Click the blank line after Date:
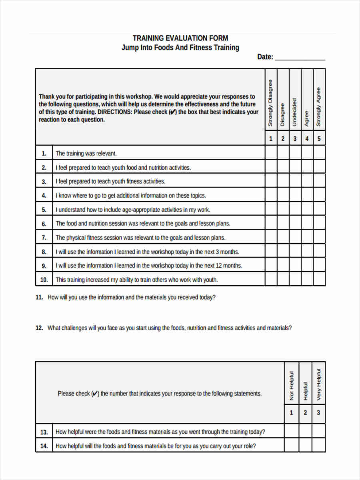[x=300, y=58]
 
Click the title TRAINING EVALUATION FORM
[x=180, y=38]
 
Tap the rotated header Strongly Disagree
[x=270, y=103]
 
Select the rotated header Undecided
[x=295, y=112]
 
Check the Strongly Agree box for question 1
[x=319, y=153]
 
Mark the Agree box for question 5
[x=307, y=209]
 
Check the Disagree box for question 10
[x=283, y=279]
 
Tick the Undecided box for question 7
[x=295, y=237]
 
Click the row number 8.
[x=44, y=252]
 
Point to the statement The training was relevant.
[x=86, y=153]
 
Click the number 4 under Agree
[x=307, y=139]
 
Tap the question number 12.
[x=39, y=328]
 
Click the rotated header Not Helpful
[x=292, y=386]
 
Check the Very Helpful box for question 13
[x=318, y=431]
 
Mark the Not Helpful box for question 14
[x=292, y=445]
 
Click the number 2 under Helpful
[x=305, y=413]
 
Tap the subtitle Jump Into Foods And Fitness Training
[x=180, y=48]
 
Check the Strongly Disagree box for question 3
[x=270, y=181]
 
